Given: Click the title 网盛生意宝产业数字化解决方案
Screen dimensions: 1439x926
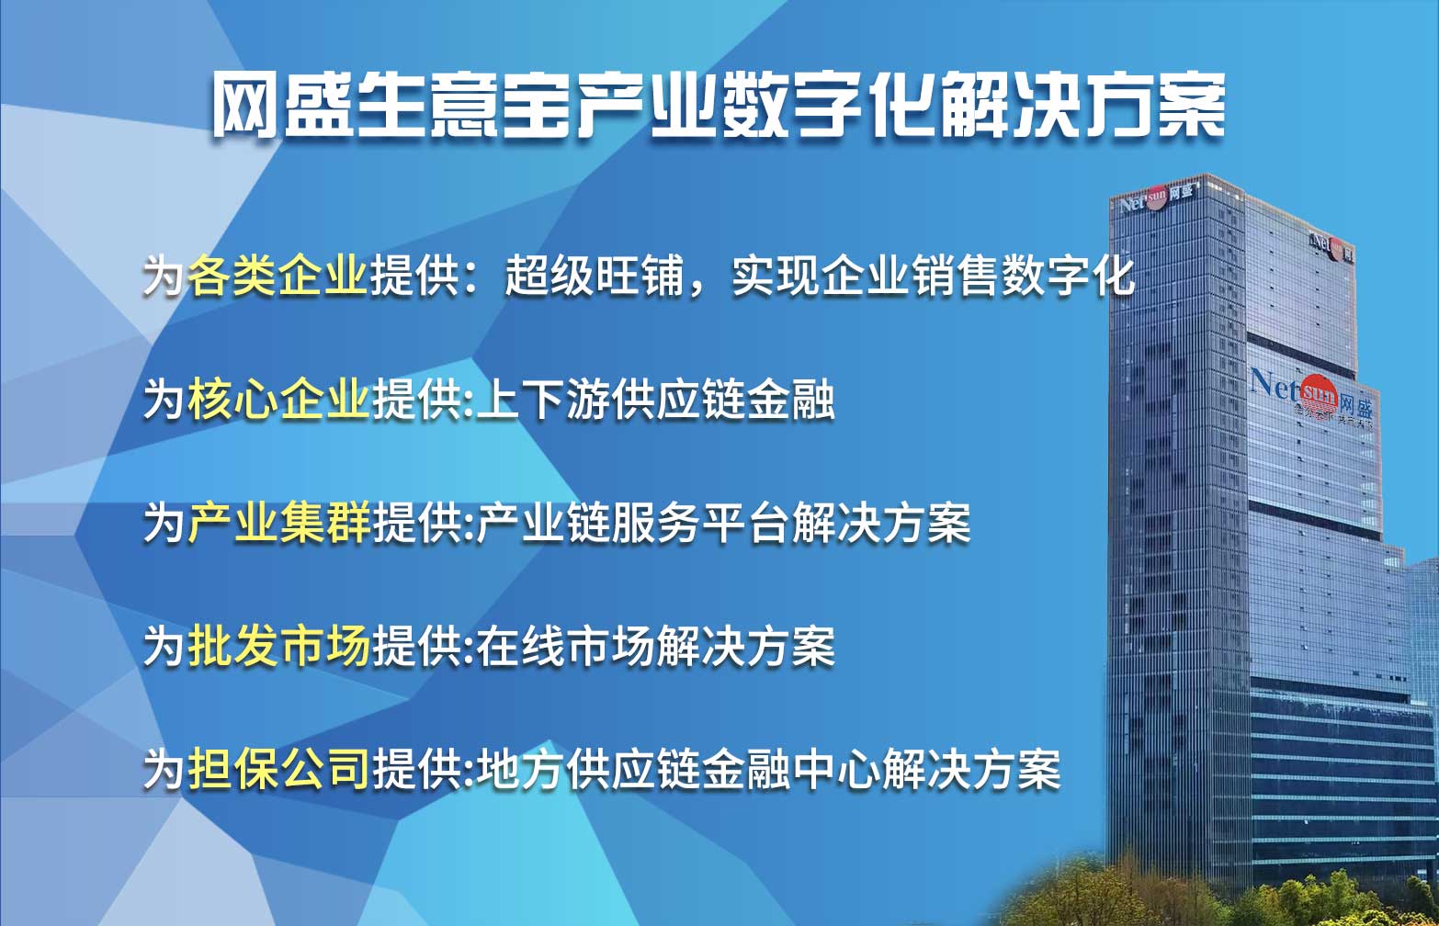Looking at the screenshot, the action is coord(719,105).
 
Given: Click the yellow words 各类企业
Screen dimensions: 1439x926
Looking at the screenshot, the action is coord(278,277).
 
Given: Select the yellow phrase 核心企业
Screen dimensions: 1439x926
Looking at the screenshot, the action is coord(278,399).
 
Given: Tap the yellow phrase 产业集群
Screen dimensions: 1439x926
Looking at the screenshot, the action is coord(278,522).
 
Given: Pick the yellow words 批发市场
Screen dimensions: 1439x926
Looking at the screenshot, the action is coord(278,645).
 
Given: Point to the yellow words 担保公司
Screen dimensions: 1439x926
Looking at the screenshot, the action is coord(278,768).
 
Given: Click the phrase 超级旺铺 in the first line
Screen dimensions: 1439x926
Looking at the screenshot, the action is coord(595,277).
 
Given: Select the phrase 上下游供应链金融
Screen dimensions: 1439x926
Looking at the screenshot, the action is coord(655,399).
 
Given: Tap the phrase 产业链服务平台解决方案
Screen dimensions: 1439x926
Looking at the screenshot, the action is coord(723,522).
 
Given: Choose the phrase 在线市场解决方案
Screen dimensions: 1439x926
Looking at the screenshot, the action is coord(655,645).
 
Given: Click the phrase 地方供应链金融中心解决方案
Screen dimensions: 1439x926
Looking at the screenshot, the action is coord(768,768).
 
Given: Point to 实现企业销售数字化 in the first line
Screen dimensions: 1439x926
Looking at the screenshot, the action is coord(933,277).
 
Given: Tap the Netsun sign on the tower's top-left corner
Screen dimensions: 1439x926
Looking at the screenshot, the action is coord(1156,198).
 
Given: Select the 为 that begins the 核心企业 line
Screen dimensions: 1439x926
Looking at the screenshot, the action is coord(164,399).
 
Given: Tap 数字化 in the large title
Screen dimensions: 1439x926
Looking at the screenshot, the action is coord(826,105).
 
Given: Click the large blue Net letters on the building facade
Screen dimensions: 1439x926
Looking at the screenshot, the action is coord(1275,383).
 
